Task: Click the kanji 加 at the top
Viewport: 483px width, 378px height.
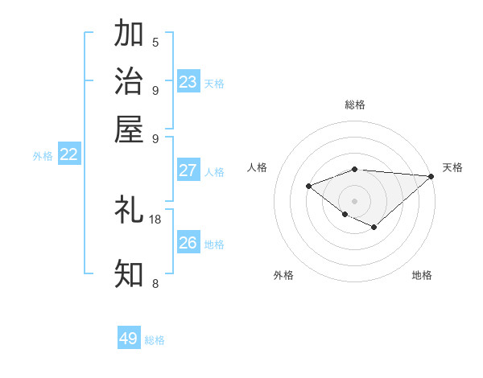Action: click(x=129, y=35)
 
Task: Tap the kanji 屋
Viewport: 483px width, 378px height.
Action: click(x=129, y=129)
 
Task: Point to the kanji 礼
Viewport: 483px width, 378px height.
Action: click(x=129, y=211)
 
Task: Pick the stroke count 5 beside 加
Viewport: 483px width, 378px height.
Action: click(x=155, y=43)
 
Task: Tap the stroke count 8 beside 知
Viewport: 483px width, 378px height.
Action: click(x=155, y=282)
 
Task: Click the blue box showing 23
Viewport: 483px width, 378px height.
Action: click(x=188, y=82)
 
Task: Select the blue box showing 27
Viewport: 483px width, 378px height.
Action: click(x=188, y=171)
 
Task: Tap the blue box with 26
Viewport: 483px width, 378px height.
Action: click(x=188, y=243)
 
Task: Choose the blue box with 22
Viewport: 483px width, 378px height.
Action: click(x=69, y=155)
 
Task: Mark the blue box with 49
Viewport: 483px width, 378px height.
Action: click(x=129, y=339)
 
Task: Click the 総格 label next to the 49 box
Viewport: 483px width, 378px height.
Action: click(x=155, y=340)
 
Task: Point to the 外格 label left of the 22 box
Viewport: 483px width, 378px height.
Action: click(x=43, y=156)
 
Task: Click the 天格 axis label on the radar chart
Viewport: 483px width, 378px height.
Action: click(x=452, y=167)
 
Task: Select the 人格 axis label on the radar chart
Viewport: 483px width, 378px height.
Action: click(x=258, y=167)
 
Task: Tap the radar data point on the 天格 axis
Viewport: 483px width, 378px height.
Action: click(x=431, y=176)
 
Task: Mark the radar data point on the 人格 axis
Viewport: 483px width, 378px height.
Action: click(x=308, y=187)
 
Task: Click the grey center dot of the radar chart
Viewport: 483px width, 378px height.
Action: click(x=355, y=201)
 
